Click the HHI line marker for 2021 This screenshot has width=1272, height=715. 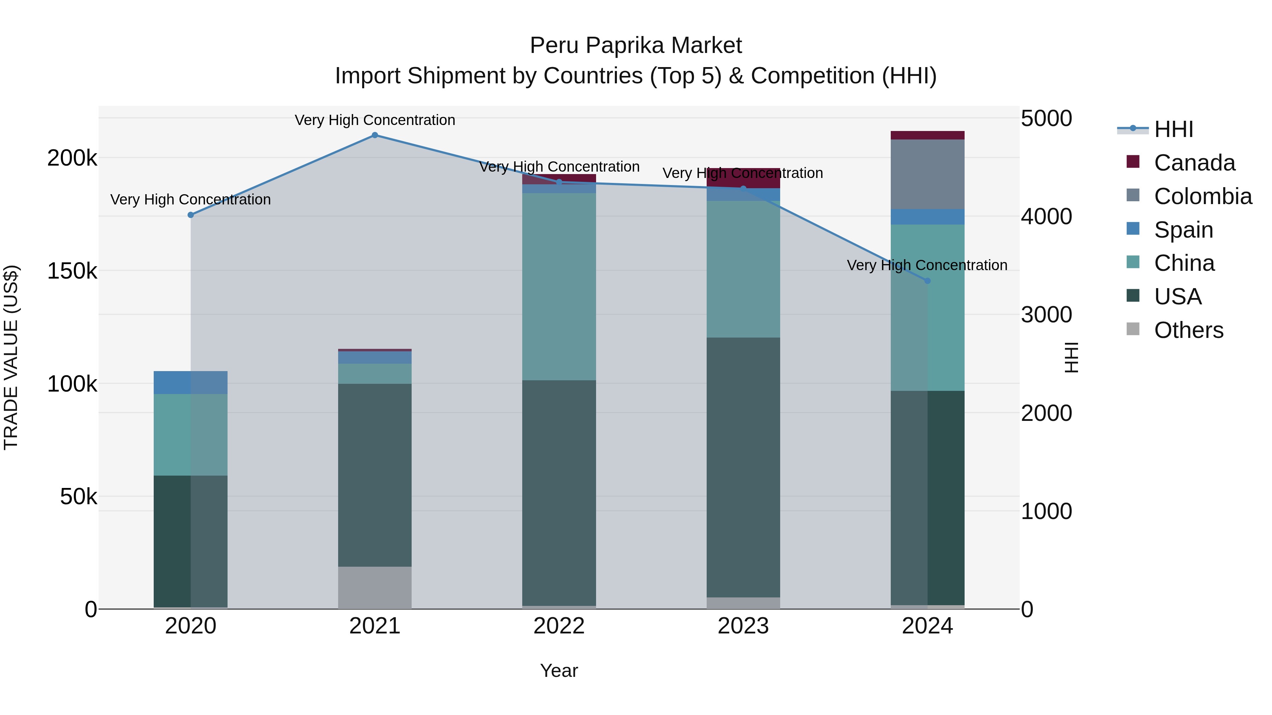pyautogui.click(x=375, y=135)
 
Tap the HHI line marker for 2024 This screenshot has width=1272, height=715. pyautogui.click(x=927, y=281)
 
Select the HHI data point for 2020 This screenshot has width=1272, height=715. pyautogui.click(x=190, y=215)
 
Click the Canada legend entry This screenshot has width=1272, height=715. pyautogui.click(x=1194, y=163)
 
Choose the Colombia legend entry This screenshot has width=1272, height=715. pyautogui.click(x=1202, y=196)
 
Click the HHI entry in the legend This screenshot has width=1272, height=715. pyautogui.click(x=1173, y=129)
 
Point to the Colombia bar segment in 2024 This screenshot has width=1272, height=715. pyautogui.click(x=927, y=174)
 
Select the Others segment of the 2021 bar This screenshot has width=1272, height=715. pyautogui.click(x=375, y=587)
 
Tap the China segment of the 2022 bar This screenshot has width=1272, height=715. pyautogui.click(x=559, y=286)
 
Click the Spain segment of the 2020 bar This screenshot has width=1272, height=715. pyautogui.click(x=190, y=382)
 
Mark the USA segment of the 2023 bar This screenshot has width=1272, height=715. pyautogui.click(x=743, y=467)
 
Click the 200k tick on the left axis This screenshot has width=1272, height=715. pyautogui.click(x=72, y=159)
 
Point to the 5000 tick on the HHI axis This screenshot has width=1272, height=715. pyautogui.click(x=1046, y=118)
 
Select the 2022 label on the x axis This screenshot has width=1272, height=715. pyautogui.click(x=559, y=626)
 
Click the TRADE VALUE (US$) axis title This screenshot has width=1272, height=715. pyautogui.click(x=11, y=357)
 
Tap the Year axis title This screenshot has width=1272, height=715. pyautogui.click(x=559, y=671)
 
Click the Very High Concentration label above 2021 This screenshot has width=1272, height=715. pyautogui.click(x=375, y=120)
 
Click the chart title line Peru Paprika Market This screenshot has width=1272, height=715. pyautogui.click(x=636, y=46)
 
